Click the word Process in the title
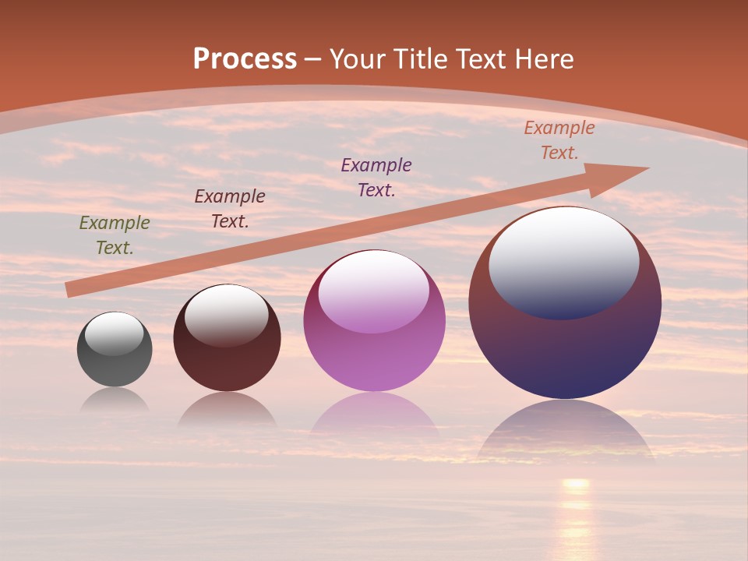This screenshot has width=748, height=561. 245,59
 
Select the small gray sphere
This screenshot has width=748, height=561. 115,366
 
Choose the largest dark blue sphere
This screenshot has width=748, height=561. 565,351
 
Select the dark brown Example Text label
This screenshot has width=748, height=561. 230,209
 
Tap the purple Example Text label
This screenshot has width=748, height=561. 376,177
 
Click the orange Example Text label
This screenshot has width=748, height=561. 559,140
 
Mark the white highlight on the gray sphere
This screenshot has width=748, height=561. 115,333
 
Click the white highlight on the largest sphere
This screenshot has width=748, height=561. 563,261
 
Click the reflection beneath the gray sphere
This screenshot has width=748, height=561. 115,400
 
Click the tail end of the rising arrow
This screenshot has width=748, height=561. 72,289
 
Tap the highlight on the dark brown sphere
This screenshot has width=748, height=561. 227,315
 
